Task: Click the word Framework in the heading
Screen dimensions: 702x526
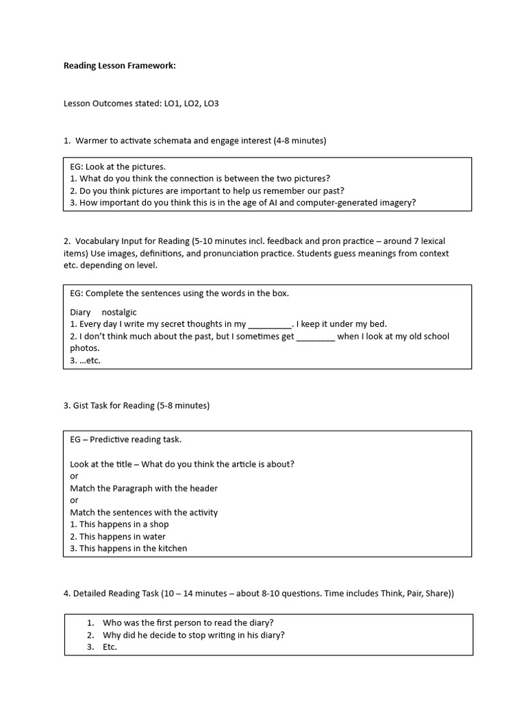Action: (151, 66)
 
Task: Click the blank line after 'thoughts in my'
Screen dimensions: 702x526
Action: (269, 324)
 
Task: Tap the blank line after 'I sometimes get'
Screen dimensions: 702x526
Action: (316, 337)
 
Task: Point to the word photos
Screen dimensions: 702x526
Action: (85, 348)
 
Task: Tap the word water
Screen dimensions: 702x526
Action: (153, 537)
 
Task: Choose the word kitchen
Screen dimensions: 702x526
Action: (171, 548)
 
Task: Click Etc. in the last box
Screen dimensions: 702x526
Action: (110, 646)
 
